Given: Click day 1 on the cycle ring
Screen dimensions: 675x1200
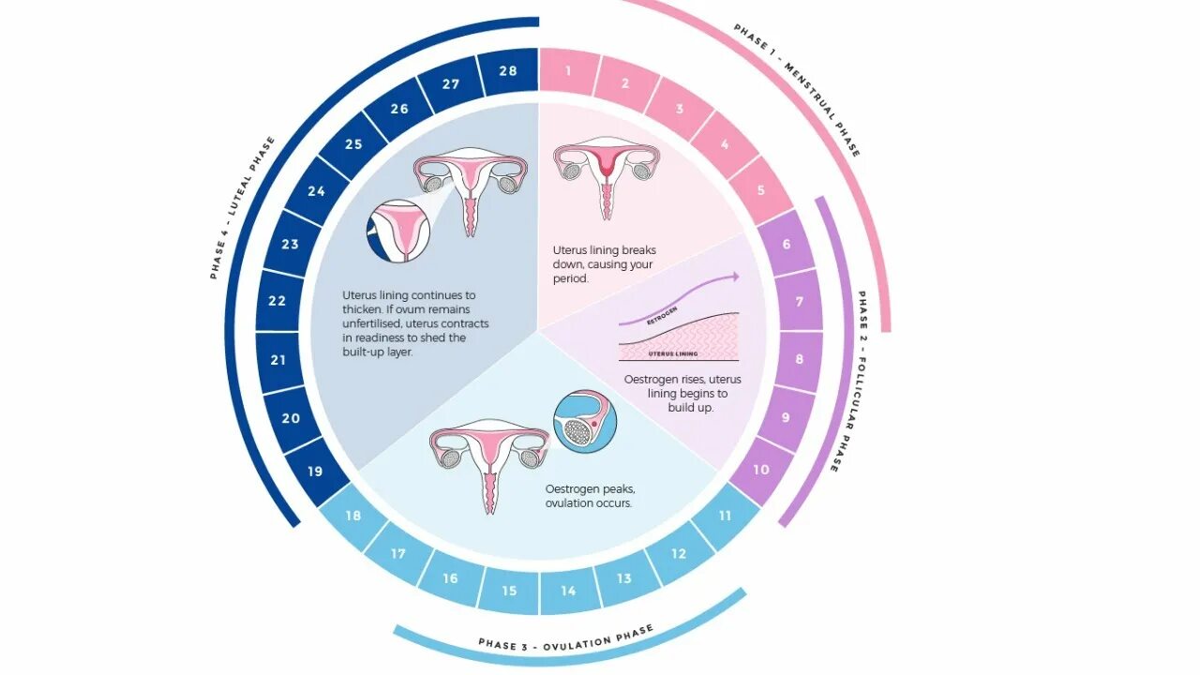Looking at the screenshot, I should tap(568, 71).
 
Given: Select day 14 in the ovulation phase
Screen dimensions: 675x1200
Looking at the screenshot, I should tap(568, 592).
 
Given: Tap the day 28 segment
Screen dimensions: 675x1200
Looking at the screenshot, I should tap(507, 71).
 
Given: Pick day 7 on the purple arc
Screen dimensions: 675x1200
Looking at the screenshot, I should tap(800, 302).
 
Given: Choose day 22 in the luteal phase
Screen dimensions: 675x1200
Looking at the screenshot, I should tap(277, 302).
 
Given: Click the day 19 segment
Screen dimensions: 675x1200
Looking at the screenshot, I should tap(315, 472).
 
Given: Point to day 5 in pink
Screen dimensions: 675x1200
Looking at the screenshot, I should tap(761, 190).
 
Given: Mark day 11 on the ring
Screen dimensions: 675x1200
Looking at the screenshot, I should tap(726, 516).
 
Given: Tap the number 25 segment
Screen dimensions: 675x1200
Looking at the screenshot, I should tap(353, 144).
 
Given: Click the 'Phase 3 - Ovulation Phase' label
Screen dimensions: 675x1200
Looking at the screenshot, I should tap(565, 637).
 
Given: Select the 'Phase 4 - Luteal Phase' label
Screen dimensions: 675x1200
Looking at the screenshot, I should tap(242, 207).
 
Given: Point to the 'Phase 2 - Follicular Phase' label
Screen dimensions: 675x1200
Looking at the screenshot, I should tap(848, 381).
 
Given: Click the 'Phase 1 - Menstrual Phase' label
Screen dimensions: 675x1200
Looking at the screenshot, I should tap(797, 89).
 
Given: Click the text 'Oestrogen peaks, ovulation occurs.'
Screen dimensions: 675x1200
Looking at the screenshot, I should tap(590, 496).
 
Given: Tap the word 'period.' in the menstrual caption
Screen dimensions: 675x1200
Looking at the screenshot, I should tap(570, 278).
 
